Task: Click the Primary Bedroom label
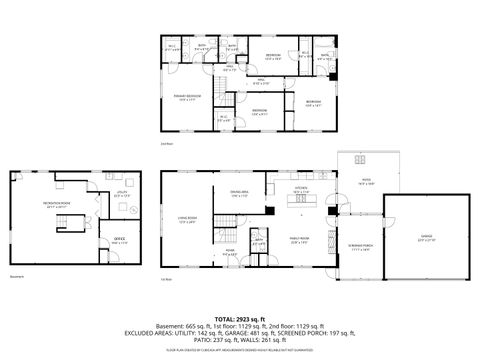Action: point(188,97)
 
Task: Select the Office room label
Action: point(119,239)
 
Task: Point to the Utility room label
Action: point(122,194)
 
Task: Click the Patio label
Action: point(367,181)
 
